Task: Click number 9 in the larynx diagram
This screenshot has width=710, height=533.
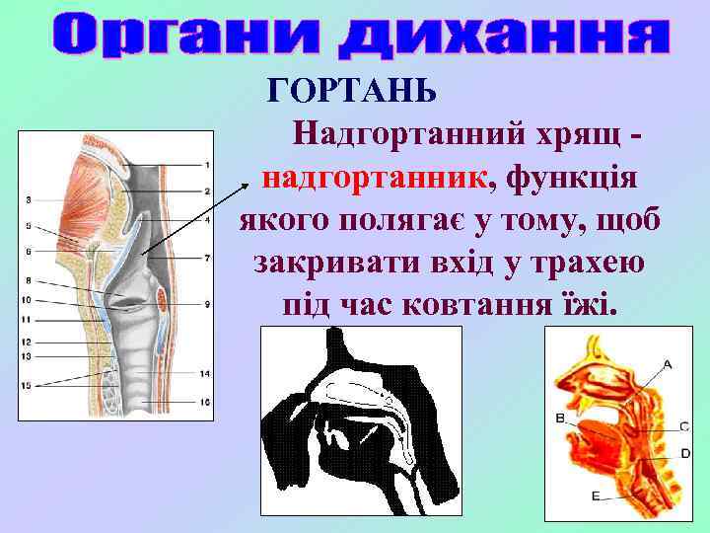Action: point(208,305)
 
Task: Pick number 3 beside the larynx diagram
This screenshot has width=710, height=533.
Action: point(29,200)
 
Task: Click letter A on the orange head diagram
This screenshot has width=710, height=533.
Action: point(667,364)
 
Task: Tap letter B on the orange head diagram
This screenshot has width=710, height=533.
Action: point(559,419)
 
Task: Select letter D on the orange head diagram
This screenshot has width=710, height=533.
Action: point(684,454)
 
